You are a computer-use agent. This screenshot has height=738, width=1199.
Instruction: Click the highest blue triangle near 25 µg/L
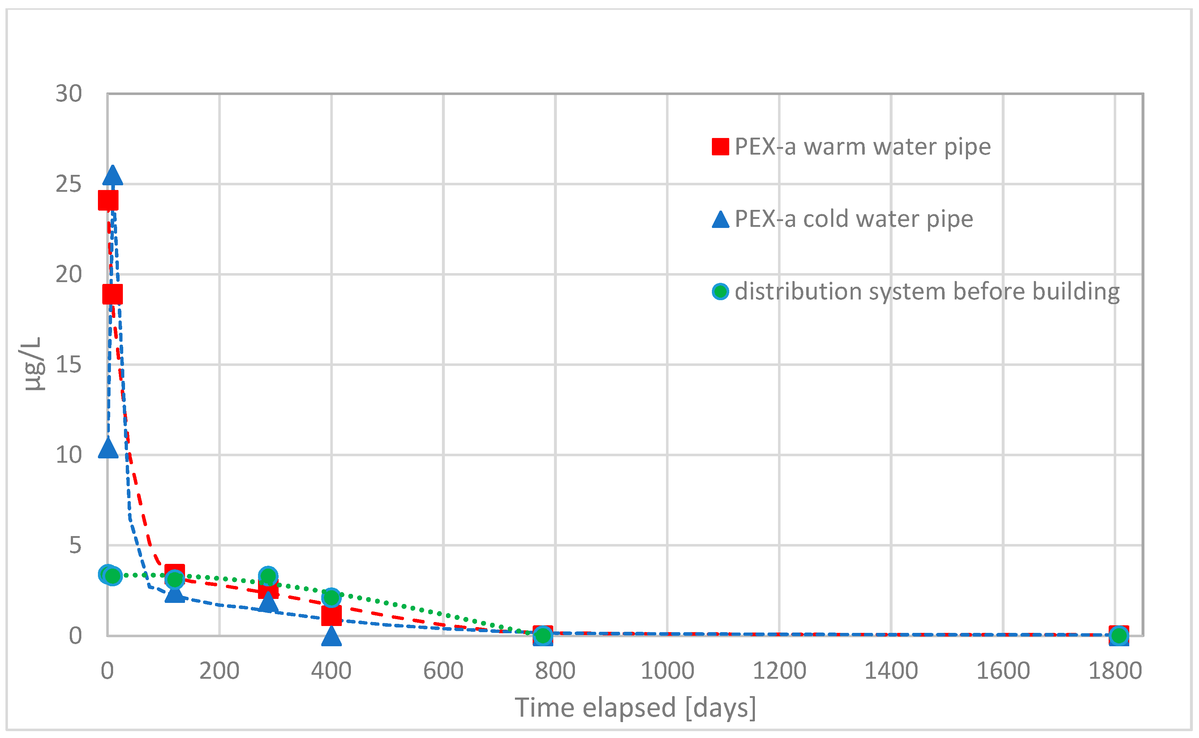tap(113, 176)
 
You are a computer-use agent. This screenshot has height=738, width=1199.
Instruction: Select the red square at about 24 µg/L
tap(108, 200)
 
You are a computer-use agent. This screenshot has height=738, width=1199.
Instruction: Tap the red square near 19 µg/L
tap(112, 294)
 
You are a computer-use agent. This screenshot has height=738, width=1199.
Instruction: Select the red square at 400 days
tap(331, 616)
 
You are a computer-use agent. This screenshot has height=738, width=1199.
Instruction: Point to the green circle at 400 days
tap(331, 597)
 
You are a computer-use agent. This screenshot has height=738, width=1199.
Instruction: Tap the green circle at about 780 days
tap(542, 635)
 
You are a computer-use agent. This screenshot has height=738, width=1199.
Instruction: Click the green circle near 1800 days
tap(1118, 635)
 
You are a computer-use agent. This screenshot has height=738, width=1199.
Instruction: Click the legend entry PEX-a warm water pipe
tap(862, 146)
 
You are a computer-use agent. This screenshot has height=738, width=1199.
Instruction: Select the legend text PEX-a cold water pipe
tap(854, 219)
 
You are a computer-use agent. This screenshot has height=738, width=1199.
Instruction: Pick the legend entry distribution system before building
tap(927, 292)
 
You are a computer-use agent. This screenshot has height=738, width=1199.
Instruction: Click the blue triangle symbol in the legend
tap(720, 220)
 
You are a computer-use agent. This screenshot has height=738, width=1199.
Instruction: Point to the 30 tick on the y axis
tap(68, 93)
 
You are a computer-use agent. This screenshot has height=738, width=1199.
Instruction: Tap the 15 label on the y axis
tap(68, 364)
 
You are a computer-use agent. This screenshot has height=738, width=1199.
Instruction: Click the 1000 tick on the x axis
tap(667, 671)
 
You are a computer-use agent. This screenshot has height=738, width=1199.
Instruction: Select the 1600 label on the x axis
tap(1003, 671)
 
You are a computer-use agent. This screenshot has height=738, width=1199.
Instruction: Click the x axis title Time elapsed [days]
tap(635, 707)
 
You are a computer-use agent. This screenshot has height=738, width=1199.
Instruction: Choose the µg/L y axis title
tap(33, 364)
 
